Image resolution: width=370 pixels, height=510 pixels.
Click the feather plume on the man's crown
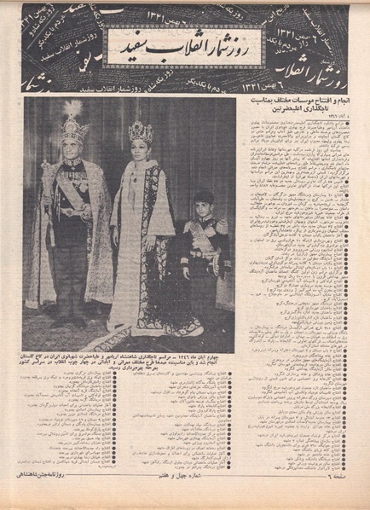point(76,108)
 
